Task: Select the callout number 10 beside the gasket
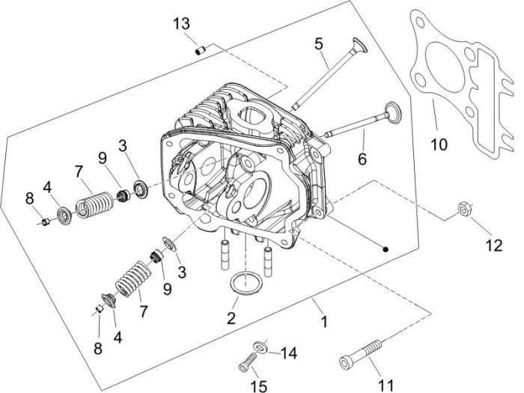(439, 141)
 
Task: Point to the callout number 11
(386, 385)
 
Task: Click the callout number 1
(323, 323)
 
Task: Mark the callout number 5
(319, 43)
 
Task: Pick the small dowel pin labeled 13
(200, 50)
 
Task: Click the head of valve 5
(358, 47)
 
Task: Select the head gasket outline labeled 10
(479, 150)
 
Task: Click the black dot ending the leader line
(383, 249)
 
